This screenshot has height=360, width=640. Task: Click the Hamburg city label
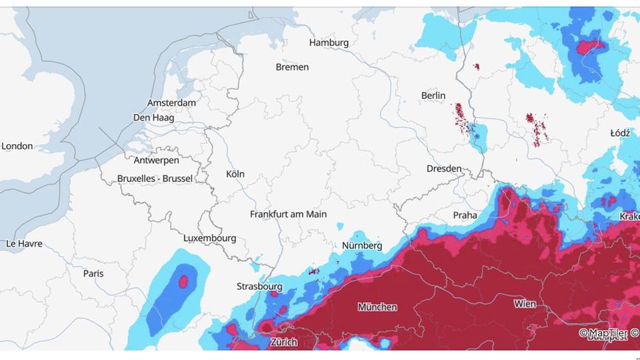(x=329, y=43)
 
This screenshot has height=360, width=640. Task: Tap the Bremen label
(x=292, y=67)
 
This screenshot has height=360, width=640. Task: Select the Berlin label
(x=433, y=96)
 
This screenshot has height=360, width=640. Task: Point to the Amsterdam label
(x=171, y=103)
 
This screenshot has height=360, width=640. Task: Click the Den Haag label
(x=154, y=117)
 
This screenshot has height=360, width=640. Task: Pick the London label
(x=17, y=146)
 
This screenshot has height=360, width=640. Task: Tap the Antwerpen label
(x=156, y=161)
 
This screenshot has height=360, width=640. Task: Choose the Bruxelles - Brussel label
(x=155, y=179)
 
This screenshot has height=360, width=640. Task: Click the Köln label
(x=235, y=174)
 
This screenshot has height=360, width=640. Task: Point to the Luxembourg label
(x=209, y=238)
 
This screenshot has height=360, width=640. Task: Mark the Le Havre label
(x=24, y=244)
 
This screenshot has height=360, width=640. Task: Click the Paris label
(x=93, y=273)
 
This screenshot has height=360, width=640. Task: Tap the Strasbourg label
(x=259, y=287)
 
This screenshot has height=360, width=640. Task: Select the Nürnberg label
(x=363, y=246)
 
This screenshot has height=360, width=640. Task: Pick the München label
(x=377, y=307)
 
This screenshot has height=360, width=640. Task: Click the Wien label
(x=525, y=304)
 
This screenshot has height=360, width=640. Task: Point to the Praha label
(x=465, y=215)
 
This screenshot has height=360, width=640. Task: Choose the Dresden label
(x=444, y=169)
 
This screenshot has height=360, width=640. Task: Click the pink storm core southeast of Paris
(x=183, y=281)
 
